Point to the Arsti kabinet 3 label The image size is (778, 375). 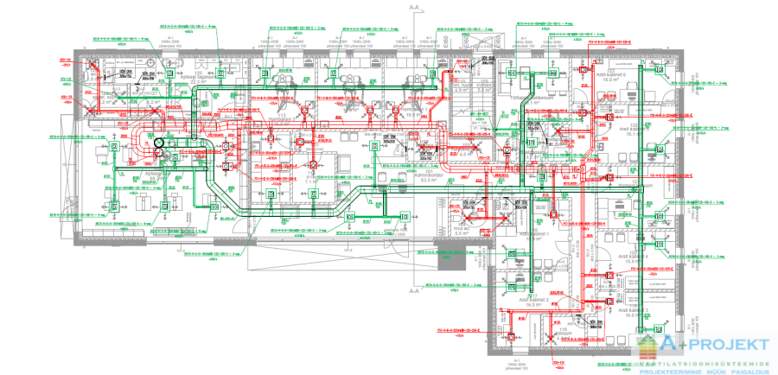click(634, 311)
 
